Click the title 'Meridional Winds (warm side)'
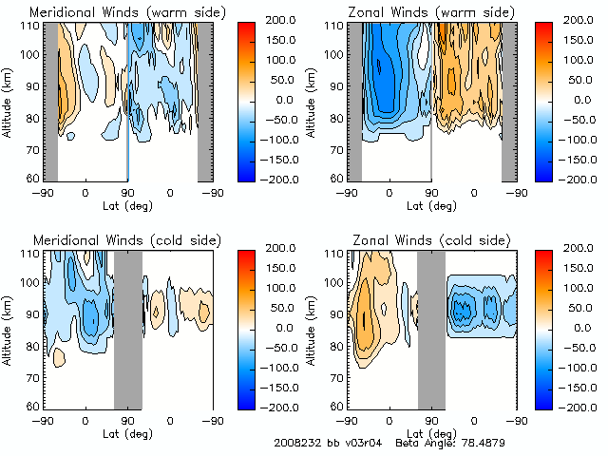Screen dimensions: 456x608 (115, 11)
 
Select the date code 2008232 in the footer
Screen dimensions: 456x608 (296, 443)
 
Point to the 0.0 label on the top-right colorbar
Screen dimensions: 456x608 (576, 99)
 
